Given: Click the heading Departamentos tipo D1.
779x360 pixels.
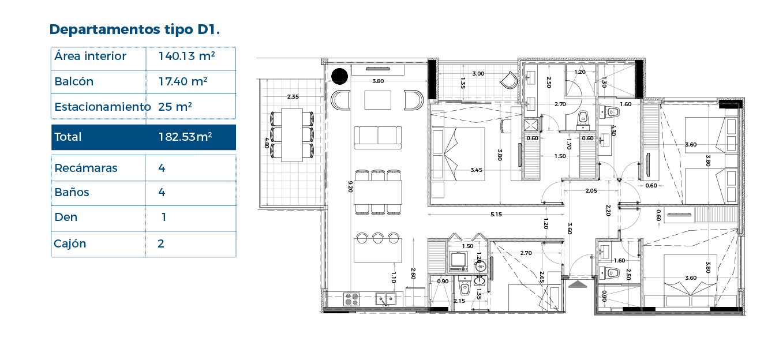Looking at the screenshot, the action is (134, 29).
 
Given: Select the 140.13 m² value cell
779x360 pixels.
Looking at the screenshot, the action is (187, 56).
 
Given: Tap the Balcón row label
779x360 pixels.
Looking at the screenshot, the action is (74, 81).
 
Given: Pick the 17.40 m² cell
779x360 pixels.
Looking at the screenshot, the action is (183, 81).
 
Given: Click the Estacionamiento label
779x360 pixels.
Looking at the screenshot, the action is (103, 107).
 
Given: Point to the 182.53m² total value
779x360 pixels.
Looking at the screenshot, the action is (185, 137).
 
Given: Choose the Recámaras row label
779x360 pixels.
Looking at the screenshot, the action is (86, 168).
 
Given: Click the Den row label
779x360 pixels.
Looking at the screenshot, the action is (66, 217).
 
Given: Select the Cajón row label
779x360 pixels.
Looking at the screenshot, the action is (70, 243).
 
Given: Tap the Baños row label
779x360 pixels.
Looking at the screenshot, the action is (72, 192).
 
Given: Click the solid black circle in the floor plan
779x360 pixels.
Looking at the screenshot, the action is (340, 76).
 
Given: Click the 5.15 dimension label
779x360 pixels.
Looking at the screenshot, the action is (496, 214).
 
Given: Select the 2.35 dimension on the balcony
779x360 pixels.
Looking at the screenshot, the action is (293, 97).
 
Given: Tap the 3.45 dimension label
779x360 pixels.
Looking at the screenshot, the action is (477, 170).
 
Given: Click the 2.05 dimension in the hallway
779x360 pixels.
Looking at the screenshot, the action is (591, 190).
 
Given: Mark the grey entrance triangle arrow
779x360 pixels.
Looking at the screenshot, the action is (578, 285).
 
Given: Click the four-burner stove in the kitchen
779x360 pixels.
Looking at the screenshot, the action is (351, 299).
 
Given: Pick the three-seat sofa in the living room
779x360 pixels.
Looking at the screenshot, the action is (378, 138).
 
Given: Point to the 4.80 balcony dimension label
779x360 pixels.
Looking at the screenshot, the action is (267, 142).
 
